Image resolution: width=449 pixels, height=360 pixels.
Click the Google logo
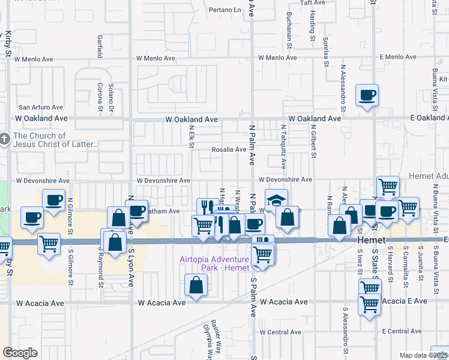pyautogui.click(x=20, y=353)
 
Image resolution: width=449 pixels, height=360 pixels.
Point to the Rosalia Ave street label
pyautogui.click(x=229, y=149)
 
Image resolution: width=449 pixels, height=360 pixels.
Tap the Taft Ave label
pyautogui.click(x=312, y=2)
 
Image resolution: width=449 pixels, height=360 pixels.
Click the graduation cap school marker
pyautogui.click(x=276, y=200)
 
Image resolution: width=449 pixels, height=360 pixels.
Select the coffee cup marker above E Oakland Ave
pyautogui.click(x=367, y=95)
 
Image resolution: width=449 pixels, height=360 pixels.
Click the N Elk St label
pyautogui.click(x=191, y=139)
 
